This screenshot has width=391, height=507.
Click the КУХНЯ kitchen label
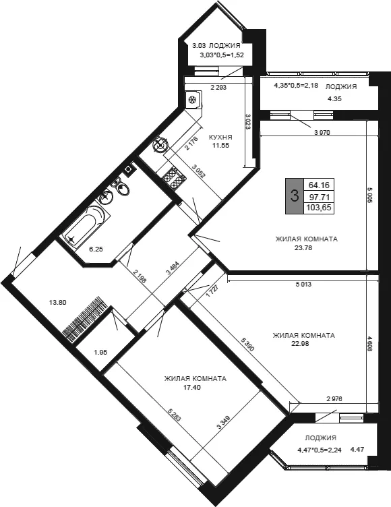(x=220, y=138)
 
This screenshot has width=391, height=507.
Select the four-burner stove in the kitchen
(x=175, y=178)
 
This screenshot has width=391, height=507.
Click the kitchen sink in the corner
(x=193, y=99)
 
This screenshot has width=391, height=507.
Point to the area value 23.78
(x=303, y=248)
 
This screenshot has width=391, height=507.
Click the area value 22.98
(x=300, y=344)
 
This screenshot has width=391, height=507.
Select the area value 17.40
(x=192, y=387)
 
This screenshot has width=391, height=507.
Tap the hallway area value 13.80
(x=57, y=303)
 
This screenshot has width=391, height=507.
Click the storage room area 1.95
(x=100, y=353)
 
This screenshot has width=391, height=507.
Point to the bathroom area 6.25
(x=96, y=249)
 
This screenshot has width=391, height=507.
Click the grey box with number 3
(x=295, y=196)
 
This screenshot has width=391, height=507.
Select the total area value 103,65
(x=319, y=208)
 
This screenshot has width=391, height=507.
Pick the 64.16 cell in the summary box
(x=319, y=185)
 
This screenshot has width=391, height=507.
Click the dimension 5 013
(x=303, y=285)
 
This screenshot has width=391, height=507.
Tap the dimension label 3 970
(x=322, y=132)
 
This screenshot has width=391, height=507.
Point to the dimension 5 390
(x=248, y=345)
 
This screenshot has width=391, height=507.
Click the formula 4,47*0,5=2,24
(x=318, y=450)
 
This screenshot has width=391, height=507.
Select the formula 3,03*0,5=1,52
(x=222, y=55)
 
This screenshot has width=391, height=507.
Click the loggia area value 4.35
(x=334, y=99)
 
